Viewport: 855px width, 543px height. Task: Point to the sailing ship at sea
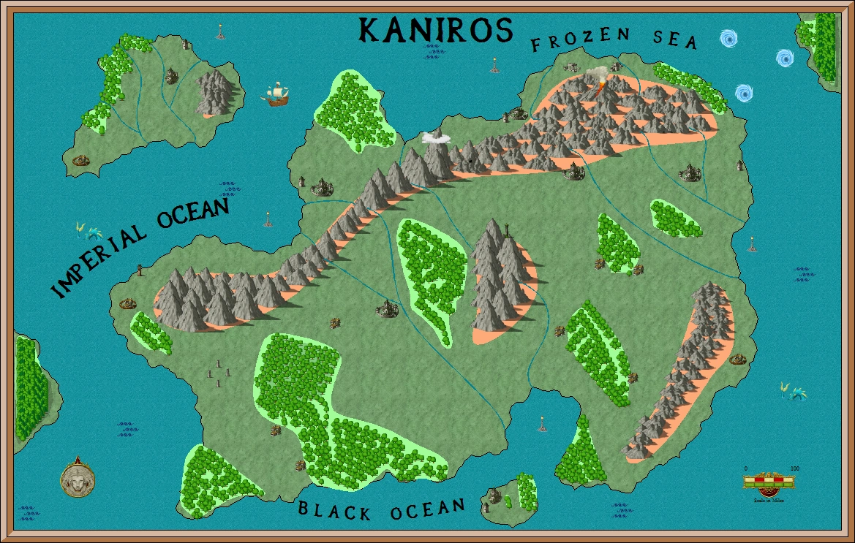click(276, 95)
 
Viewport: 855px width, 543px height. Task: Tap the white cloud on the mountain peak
click(436, 136)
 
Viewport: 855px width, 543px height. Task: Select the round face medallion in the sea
click(77, 479)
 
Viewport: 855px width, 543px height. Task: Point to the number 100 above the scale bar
click(794, 468)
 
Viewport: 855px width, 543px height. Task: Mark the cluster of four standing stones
click(218, 373)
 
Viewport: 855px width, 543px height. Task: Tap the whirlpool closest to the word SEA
click(728, 38)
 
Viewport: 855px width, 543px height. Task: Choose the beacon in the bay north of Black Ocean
click(542, 423)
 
